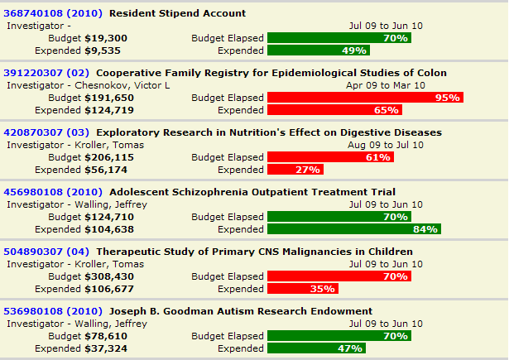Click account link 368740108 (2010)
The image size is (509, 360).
coord(53,13)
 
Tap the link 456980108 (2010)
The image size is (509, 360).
coord(53,192)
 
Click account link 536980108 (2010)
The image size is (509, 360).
coord(53,311)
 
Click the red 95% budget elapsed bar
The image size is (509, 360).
coord(365,98)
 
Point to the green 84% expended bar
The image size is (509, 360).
coord(353,229)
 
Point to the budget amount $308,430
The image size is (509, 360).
coord(112,276)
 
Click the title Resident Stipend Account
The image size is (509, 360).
coord(177,13)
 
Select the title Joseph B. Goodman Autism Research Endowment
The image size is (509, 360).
coord(241,311)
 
